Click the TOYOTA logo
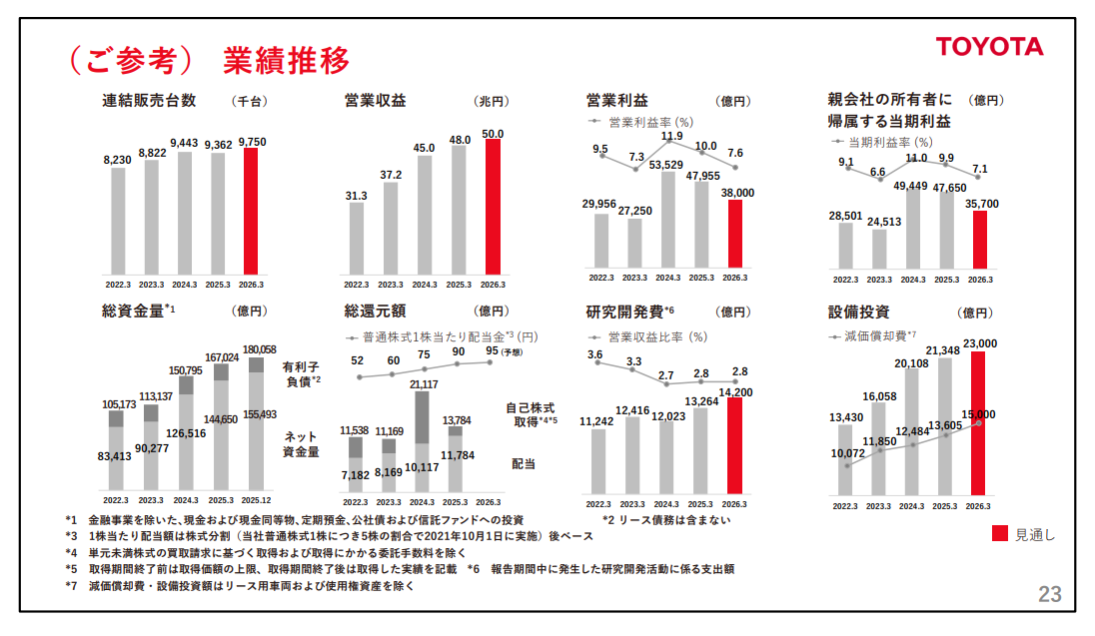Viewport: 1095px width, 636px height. coord(989,47)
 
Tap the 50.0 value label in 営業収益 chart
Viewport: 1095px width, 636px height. coord(493,133)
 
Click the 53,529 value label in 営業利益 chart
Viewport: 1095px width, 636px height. coord(665,165)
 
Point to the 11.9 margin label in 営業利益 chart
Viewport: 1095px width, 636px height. coord(671,136)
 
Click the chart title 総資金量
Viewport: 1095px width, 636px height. coord(133,311)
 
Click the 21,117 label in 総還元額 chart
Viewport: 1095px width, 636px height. coord(423,384)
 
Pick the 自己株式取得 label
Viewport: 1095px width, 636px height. coord(531,414)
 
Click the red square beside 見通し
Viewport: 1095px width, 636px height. coord(999,534)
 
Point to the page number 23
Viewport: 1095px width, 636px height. coord(1050,595)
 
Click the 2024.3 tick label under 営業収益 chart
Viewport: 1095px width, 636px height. coord(425,285)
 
